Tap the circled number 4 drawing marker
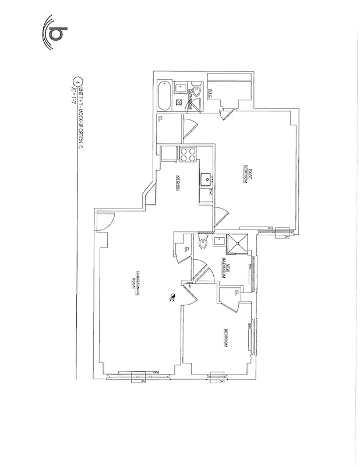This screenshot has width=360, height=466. tap(75, 81)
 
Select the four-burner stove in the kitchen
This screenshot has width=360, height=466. tap(188, 155)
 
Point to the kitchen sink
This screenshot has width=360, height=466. tap(206, 178)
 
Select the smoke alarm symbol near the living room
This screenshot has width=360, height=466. tap(172, 296)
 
